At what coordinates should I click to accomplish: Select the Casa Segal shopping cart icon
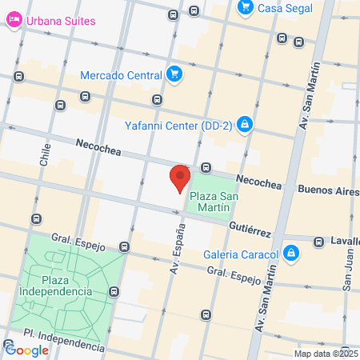pyautogui.click(x=246, y=7)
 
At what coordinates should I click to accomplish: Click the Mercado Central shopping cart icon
pyautogui.click(x=174, y=75)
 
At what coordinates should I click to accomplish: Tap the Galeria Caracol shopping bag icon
pyautogui.click(x=292, y=254)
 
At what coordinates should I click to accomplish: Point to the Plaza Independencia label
pyautogui.click(x=67, y=285)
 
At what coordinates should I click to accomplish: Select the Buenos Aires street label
pyautogui.click(x=328, y=191)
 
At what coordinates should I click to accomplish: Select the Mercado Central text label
pyautogui.click(x=122, y=76)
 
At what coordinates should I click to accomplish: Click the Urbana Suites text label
pyautogui.click(x=59, y=21)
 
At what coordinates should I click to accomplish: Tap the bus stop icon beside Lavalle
pyautogui.click(x=319, y=240)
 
